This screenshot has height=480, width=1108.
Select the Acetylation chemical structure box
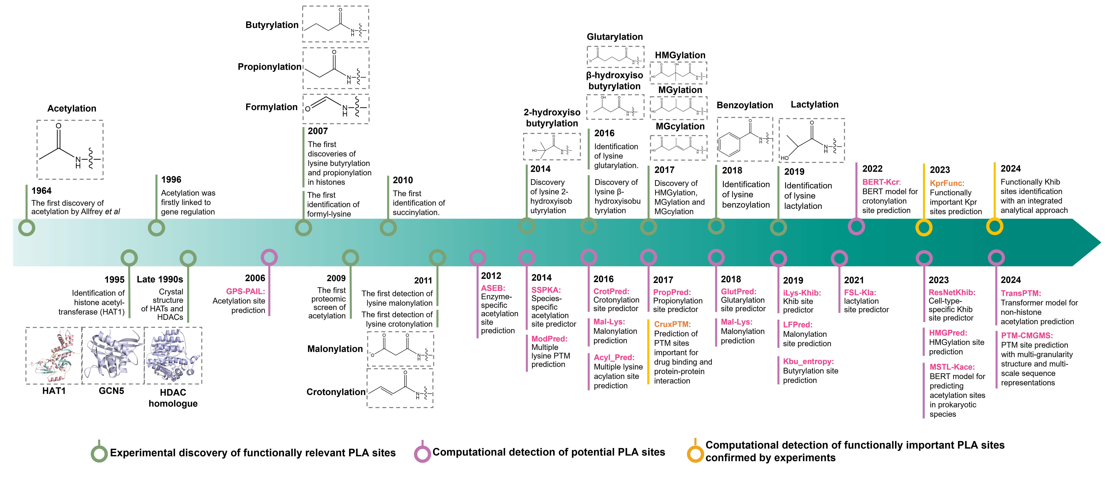[x=70, y=149]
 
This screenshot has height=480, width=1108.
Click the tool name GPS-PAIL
[x=245, y=291]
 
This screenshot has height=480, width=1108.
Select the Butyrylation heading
[x=272, y=25]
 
